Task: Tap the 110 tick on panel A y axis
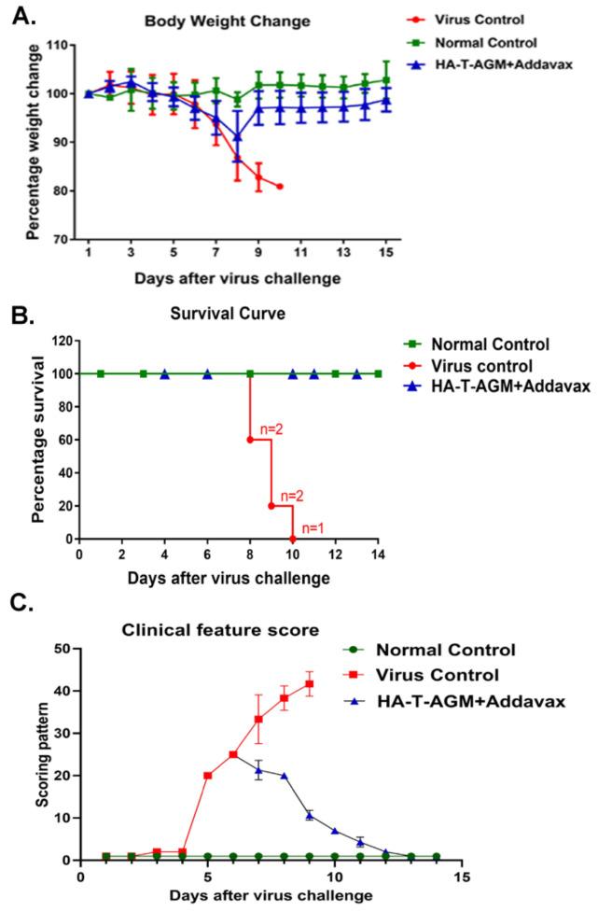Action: [62, 45]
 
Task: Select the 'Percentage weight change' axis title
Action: [34, 142]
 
